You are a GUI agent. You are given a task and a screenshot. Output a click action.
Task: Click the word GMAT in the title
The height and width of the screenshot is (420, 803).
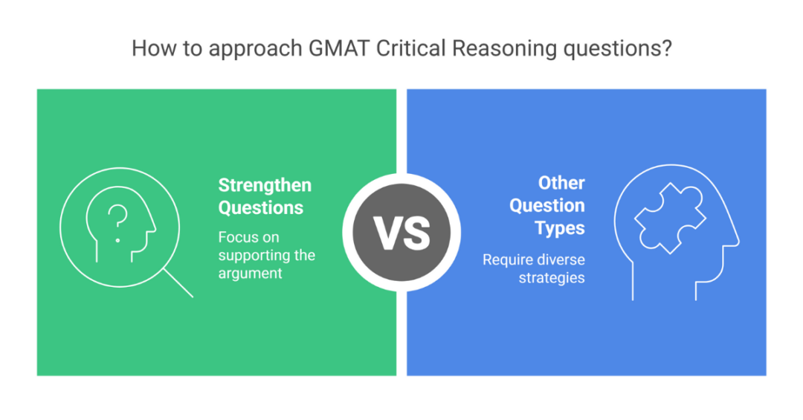[x=338, y=49]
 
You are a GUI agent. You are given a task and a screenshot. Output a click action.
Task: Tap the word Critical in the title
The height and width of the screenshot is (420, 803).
[x=411, y=49]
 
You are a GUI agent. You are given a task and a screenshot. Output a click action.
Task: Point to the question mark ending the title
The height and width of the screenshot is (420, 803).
[x=667, y=49]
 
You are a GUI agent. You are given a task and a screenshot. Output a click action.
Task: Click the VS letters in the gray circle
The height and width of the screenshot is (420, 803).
[x=401, y=232]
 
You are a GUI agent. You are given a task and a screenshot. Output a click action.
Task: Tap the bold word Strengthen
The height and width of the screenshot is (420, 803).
[x=264, y=185]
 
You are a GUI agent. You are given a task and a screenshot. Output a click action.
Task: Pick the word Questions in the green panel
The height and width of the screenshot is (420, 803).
[x=260, y=208]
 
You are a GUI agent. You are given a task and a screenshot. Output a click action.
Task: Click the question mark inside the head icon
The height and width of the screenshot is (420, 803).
[x=117, y=219]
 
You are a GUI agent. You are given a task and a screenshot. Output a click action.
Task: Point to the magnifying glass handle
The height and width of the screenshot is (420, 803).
[x=178, y=283]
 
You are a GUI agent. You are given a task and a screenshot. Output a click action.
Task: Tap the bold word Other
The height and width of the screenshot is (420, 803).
[x=561, y=183]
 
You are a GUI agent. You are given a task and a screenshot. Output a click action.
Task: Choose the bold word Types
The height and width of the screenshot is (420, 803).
[x=560, y=227]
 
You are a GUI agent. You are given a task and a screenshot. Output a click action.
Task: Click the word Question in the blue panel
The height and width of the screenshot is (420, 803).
[x=547, y=205]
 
